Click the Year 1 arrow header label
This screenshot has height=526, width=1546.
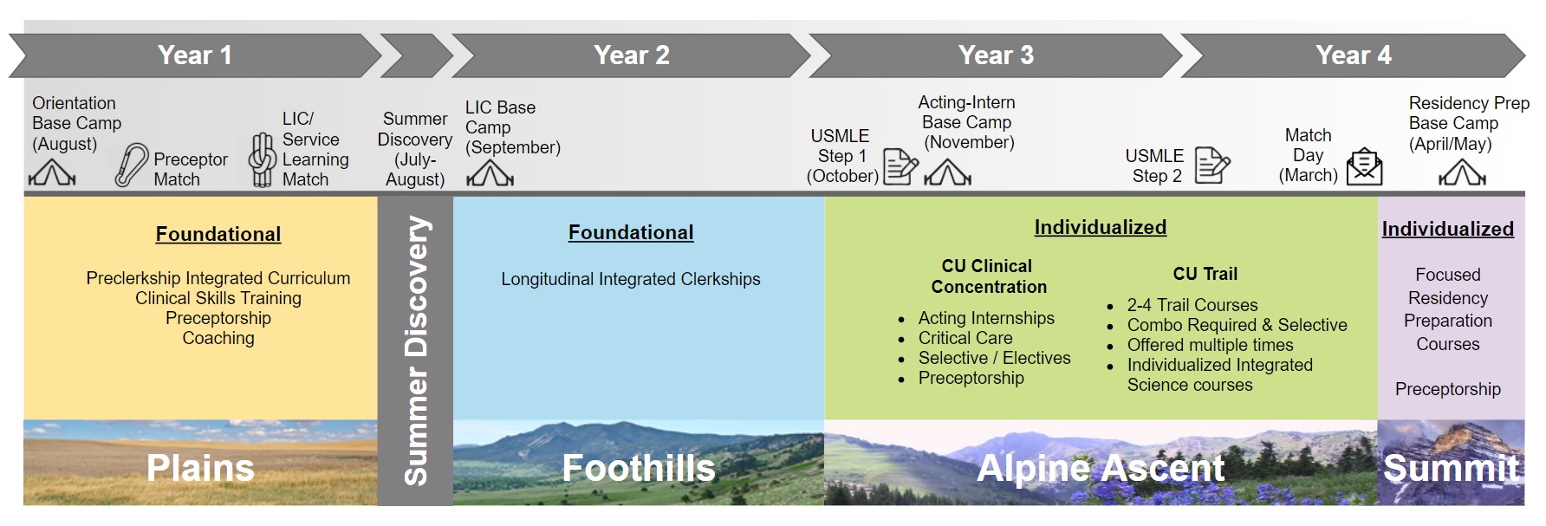pos(194,55)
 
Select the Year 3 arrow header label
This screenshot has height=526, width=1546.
pos(996,55)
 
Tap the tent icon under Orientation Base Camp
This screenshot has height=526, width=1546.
pos(52,174)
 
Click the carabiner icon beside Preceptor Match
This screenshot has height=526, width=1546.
pos(132,166)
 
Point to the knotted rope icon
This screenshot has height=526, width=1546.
pos(263,160)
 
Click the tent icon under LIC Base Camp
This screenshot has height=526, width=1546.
pos(490,175)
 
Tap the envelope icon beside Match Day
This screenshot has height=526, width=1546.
pos(1364,166)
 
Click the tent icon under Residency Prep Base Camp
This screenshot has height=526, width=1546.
pos(1462,174)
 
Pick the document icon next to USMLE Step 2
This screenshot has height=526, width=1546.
pos(1211,165)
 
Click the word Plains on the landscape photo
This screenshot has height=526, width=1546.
pos(200,468)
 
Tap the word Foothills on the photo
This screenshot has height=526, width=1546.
pos(639,468)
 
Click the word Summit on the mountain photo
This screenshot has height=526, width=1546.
pos(1451,468)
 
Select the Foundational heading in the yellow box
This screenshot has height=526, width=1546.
pos(218,234)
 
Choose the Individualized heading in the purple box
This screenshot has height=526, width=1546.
pos(1447,229)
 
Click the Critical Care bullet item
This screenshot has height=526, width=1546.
pos(965,338)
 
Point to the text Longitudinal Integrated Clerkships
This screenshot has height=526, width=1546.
pos(630,279)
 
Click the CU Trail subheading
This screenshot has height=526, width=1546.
pos(1205,274)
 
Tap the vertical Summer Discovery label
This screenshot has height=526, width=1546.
pos(416,350)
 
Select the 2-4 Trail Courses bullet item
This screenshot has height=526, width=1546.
pos(1192,305)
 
